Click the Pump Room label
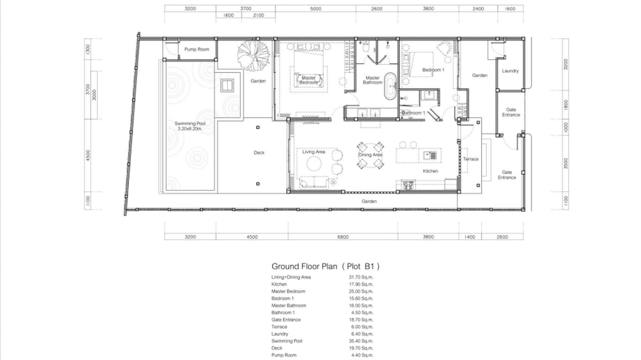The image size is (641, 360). [196, 50]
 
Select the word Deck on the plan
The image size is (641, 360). [259, 153]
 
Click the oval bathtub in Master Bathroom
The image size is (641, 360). [390, 86]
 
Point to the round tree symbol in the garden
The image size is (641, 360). [253, 53]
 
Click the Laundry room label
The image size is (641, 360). [510, 71]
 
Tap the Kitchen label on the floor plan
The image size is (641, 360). [430, 171]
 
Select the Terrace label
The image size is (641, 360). [470, 159]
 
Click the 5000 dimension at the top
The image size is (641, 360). [315, 9]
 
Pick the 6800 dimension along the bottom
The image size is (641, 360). [342, 237]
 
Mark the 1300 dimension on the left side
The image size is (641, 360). [87, 49]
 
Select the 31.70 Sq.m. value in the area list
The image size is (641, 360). [361, 277]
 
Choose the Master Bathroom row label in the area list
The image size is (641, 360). [288, 306]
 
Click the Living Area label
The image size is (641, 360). [314, 152]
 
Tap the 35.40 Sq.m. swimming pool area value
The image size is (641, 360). [361, 341]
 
